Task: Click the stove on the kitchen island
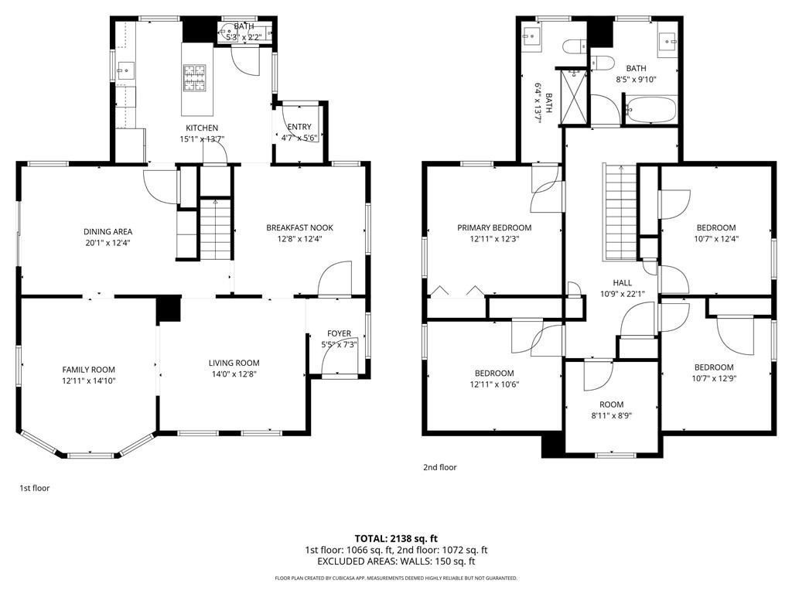point(194,78)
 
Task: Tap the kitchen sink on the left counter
point(126,70)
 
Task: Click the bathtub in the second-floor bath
point(650,110)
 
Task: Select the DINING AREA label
point(108,231)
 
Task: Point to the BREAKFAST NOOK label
point(299,228)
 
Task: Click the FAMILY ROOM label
point(89,370)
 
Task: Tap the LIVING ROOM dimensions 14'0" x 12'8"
point(234,374)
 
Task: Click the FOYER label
point(339,333)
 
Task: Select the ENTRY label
point(299,127)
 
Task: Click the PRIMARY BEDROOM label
point(494,228)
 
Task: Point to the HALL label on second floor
point(623,283)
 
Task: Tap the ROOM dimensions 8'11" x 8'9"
point(611,415)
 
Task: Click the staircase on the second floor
point(620,212)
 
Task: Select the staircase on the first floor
point(216,229)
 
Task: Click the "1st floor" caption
point(34,488)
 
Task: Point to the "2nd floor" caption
point(439,467)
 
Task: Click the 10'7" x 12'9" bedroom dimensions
point(714,378)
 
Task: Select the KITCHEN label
point(202,128)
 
